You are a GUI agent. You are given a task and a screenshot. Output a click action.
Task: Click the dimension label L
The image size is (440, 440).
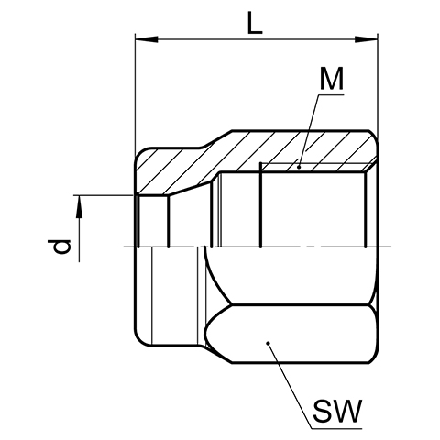pyautogui.click(x=255, y=23)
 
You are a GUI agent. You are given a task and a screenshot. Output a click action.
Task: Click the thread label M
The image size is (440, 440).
pyautogui.click(x=332, y=79)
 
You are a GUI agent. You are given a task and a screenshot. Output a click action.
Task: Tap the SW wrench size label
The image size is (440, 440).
pyautogui.click(x=337, y=411)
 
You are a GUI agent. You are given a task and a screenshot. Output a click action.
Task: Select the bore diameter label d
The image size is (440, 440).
pyautogui.click(x=60, y=247)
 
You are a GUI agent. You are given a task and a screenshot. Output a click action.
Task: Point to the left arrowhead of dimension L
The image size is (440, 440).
pyautogui.click(x=147, y=39)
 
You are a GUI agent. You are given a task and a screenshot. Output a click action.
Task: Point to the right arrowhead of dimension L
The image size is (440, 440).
pyautogui.click(x=366, y=39)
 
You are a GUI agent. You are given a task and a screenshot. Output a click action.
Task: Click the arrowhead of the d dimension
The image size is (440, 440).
pyautogui.click(x=79, y=206)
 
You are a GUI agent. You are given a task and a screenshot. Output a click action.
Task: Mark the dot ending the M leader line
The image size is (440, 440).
pyautogui.click(x=299, y=167)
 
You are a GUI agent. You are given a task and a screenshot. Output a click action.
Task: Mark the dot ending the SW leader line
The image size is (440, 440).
pyautogui.click(x=268, y=343)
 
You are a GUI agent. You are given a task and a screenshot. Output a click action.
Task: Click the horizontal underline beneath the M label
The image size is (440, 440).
pyautogui.click(x=331, y=95)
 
